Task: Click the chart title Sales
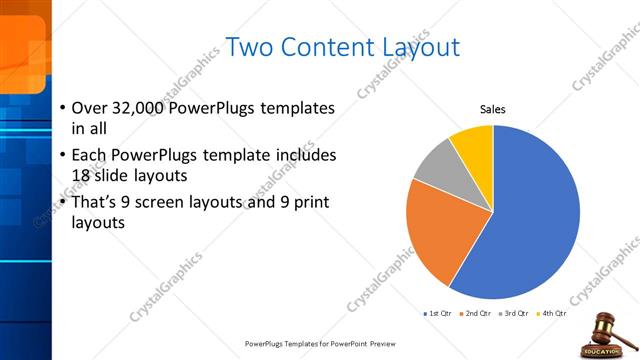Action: coord(493,109)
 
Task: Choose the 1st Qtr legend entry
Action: coord(438,314)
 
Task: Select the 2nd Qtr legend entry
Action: coord(475,314)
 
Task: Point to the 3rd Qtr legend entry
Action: coord(514,314)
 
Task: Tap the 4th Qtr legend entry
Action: coord(551,314)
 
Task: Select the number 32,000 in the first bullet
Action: coord(138,108)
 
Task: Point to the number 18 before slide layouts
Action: coord(82,176)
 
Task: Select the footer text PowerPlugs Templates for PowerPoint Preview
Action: coord(320,343)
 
